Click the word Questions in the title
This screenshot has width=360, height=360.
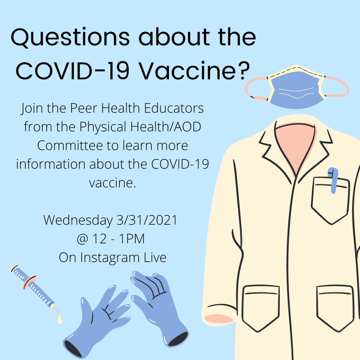click(x=70, y=37)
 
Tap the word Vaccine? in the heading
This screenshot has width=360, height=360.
click(x=194, y=70)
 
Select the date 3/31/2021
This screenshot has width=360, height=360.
click(x=147, y=220)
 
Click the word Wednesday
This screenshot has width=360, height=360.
click(x=78, y=220)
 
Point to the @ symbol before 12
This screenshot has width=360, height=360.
click(x=83, y=239)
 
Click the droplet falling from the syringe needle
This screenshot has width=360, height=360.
click(x=60, y=319)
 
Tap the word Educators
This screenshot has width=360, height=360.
click(x=174, y=108)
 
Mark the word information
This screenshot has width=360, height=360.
click(x=51, y=164)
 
